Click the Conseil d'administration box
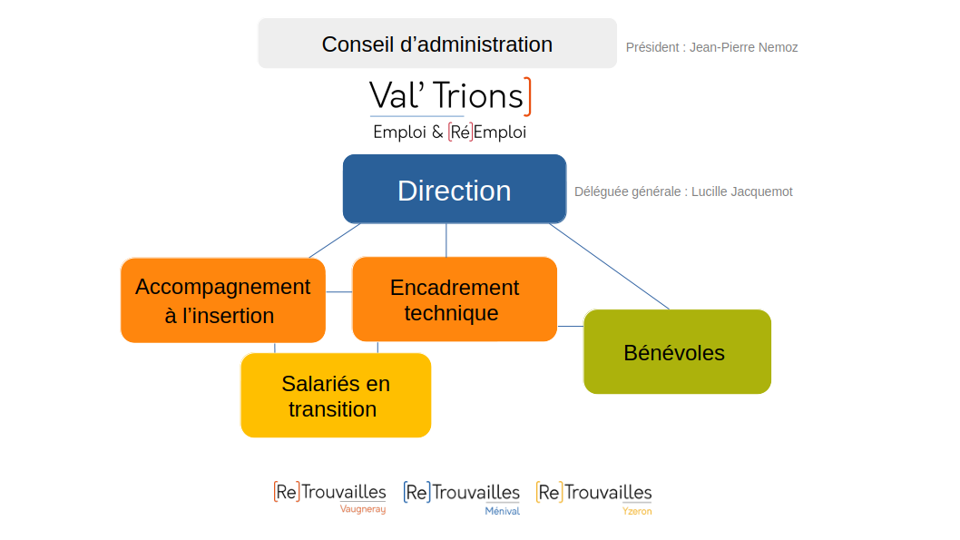tap(436, 44)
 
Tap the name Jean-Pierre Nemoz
tap(743, 47)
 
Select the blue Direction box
tap(454, 190)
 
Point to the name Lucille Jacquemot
tap(741, 191)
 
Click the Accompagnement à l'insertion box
tap(222, 300)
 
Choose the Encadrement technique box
tap(454, 299)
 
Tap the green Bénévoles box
tap(676, 352)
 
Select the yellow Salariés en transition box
tap(335, 396)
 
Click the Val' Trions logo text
tap(446, 96)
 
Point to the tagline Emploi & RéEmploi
tap(449, 133)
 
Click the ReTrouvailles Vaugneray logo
tap(329, 496)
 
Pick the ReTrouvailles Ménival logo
tap(461, 496)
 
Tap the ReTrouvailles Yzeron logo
tap(593, 496)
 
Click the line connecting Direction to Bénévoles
tap(609, 266)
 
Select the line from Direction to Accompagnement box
tap(333, 241)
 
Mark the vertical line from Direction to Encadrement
tap(446, 241)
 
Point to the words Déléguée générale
tap(630, 191)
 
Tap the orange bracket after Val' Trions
tap(528, 97)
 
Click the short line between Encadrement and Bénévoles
tap(570, 325)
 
